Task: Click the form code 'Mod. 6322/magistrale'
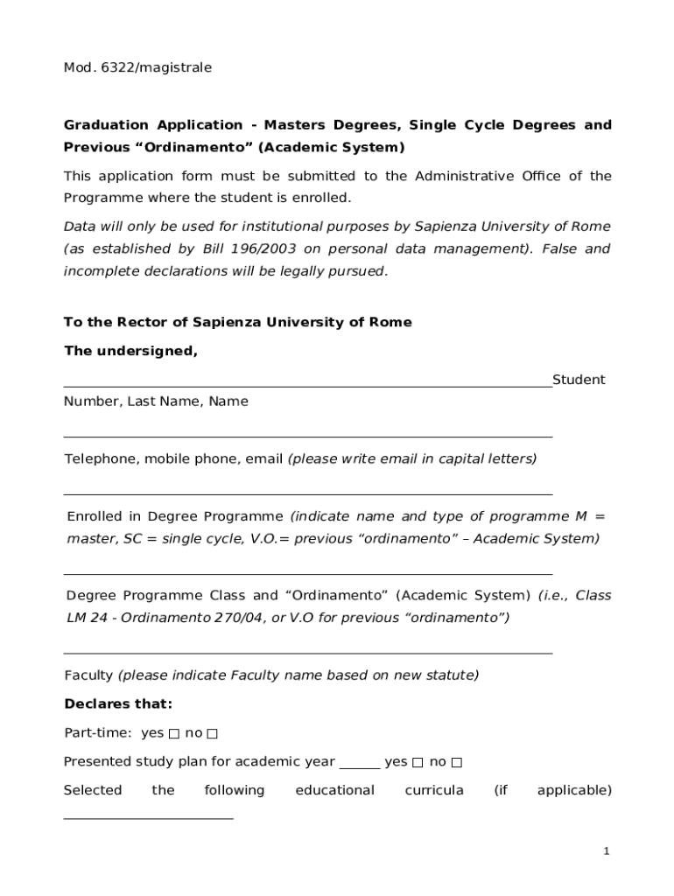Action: [x=137, y=67]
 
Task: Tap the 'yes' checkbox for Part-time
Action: [x=174, y=733]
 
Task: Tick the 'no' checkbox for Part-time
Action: [x=212, y=733]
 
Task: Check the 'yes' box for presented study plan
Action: [x=418, y=762]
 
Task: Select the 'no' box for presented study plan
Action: [x=456, y=762]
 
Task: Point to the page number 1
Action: [x=606, y=851]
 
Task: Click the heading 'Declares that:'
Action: [x=118, y=704]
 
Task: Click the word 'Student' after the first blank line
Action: [x=579, y=380]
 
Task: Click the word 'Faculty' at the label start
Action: [x=88, y=675]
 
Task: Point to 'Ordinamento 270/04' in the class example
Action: [x=182, y=618]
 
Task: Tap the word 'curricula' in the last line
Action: [x=434, y=790]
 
